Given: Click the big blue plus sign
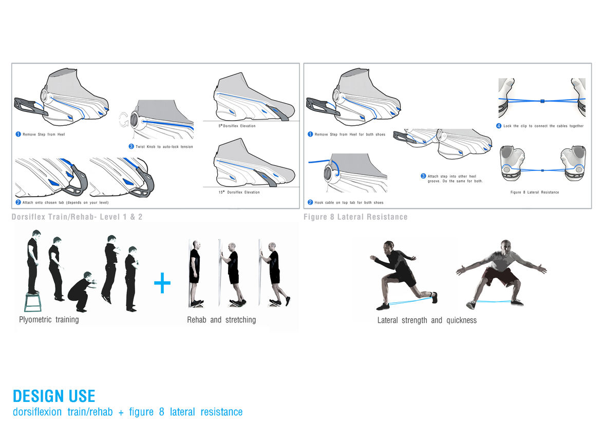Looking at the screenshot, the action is pyautogui.click(x=162, y=283).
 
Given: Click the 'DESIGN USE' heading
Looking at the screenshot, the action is pyautogui.click(x=54, y=396).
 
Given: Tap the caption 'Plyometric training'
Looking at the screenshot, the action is pyautogui.click(x=49, y=320).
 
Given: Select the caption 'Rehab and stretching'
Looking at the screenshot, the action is pyautogui.click(x=221, y=320).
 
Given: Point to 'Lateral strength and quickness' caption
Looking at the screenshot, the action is pyautogui.click(x=427, y=320).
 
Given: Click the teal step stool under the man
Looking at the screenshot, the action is pyautogui.click(x=33, y=302).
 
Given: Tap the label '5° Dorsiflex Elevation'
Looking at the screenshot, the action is pyautogui.click(x=237, y=126).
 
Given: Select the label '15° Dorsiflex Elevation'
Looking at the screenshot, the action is pyautogui.click(x=239, y=192).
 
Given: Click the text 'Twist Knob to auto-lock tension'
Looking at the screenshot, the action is pyautogui.click(x=164, y=147).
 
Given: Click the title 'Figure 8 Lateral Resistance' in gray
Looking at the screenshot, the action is pyautogui.click(x=355, y=217).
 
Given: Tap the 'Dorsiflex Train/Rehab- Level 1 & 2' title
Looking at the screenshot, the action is pyautogui.click(x=77, y=217).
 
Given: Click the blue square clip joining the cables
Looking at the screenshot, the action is pyautogui.click(x=542, y=101).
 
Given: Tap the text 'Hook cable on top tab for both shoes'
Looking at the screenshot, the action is pyautogui.click(x=349, y=203).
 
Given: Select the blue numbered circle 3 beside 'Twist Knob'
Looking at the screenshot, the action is pyautogui.click(x=131, y=147).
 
